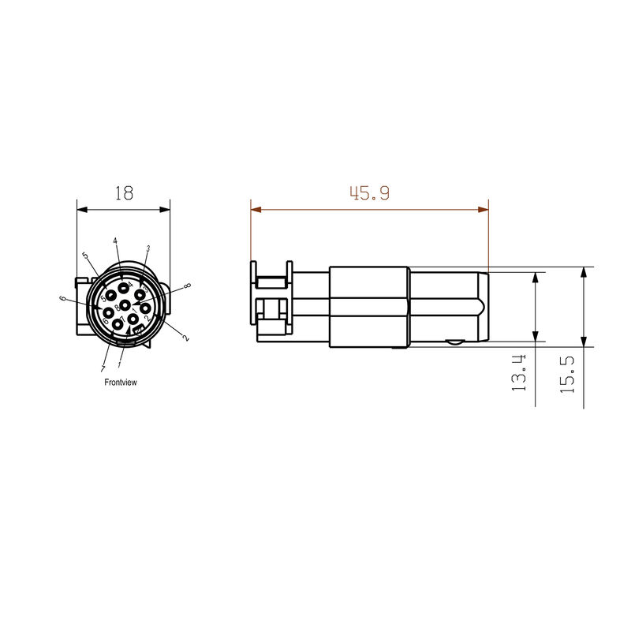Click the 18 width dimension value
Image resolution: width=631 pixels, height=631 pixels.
coord(124,192)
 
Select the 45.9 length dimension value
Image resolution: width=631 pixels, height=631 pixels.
coord(370,192)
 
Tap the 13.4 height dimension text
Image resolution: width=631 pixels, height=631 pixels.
coord(518,372)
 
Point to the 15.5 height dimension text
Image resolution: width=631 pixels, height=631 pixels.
coord(566,373)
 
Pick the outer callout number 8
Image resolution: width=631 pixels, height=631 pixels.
coord(187,286)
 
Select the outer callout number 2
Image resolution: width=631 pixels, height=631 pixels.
coord(186,337)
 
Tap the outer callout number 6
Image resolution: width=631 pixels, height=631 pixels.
coord(62,298)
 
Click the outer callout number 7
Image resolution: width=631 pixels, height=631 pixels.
coord(103,368)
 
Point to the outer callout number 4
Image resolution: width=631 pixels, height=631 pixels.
coord(115,241)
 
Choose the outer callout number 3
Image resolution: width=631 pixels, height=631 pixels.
coord(147,248)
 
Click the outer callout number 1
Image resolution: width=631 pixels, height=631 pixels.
coord(120,366)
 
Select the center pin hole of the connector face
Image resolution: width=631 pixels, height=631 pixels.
coord(125,304)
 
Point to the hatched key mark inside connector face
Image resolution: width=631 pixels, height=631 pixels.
coord(136,329)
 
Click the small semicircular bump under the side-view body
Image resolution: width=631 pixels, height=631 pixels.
coord(453,343)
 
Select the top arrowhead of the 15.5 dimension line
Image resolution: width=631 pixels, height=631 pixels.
coord(583,271)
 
